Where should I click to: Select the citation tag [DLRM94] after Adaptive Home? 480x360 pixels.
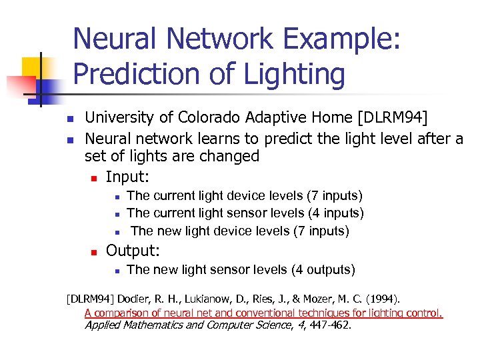pyautogui.click(x=393, y=119)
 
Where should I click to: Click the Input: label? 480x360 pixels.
pyautogui.click(x=127, y=177)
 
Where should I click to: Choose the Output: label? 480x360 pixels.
pyautogui.click(x=133, y=251)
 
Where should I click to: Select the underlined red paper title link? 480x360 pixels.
pyautogui.click(x=263, y=313)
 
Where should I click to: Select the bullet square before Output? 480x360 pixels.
pyautogui.click(x=94, y=252)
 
